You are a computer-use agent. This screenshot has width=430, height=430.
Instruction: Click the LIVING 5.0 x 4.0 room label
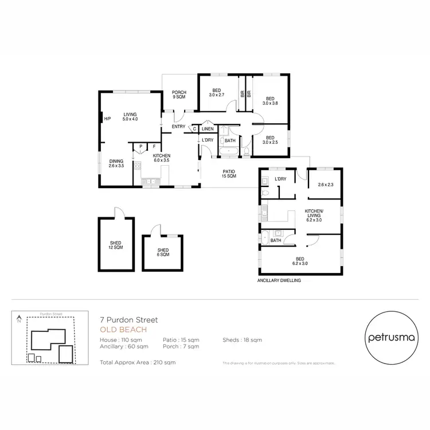point(130,117)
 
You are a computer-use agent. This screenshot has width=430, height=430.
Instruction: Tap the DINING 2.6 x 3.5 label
point(116,163)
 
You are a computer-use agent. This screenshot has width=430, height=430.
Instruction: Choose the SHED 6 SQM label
point(163,252)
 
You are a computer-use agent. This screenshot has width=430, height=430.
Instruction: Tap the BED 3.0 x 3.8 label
point(270,101)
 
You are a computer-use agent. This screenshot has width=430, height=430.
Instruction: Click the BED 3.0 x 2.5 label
point(270,139)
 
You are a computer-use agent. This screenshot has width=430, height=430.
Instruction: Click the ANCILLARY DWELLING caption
point(279,282)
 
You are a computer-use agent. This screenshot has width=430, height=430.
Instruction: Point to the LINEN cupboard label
point(207,129)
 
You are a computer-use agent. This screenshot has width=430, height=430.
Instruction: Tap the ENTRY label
point(178,127)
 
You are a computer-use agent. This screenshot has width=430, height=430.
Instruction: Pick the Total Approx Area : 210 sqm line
point(138,362)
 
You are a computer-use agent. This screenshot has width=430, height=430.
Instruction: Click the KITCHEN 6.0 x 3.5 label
point(161,158)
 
